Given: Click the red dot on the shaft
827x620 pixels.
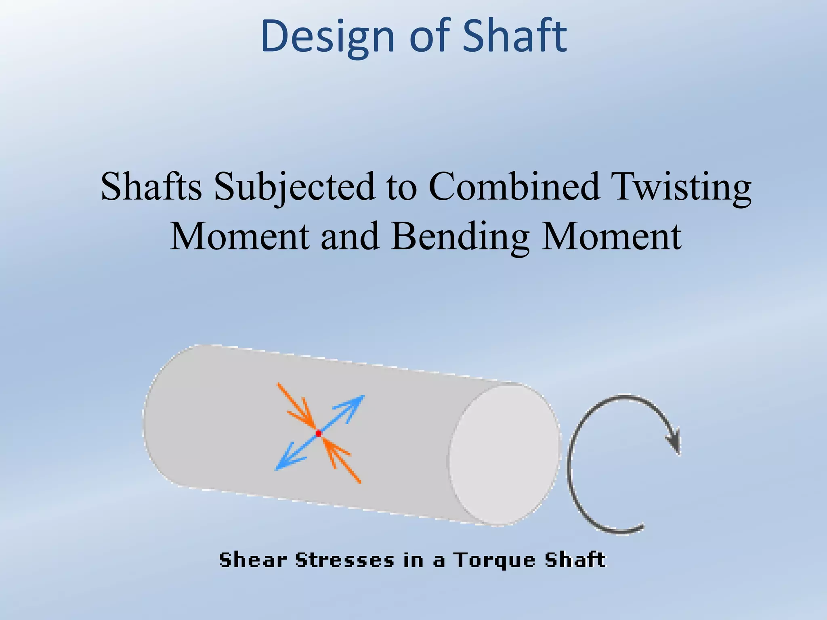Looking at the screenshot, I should click(x=318, y=434).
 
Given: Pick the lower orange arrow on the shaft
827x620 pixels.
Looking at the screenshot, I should click(x=342, y=460).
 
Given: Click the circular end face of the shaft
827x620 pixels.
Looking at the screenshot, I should click(x=505, y=455).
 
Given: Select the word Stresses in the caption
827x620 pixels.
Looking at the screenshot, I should click(x=344, y=560).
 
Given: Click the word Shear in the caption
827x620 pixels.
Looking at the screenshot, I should click(x=253, y=560).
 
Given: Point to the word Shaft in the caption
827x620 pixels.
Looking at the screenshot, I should click(x=575, y=560).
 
